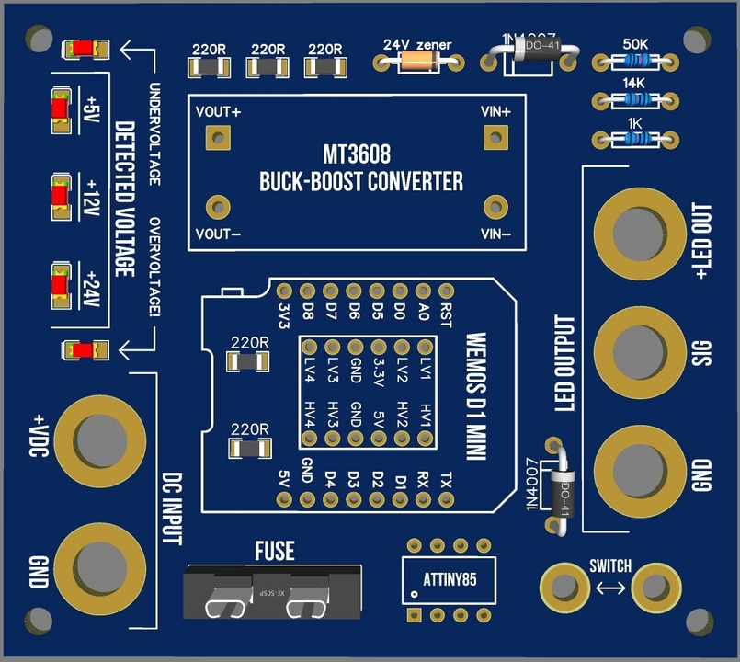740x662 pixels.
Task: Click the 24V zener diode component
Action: (418, 62)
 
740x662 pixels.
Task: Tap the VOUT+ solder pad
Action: (218, 138)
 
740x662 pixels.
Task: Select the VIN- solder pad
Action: (496, 206)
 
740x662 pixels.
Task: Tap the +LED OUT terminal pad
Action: (638, 231)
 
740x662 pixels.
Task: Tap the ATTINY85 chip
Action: (450, 579)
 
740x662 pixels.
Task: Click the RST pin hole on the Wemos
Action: (447, 291)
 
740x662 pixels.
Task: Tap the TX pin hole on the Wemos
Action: (447, 499)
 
